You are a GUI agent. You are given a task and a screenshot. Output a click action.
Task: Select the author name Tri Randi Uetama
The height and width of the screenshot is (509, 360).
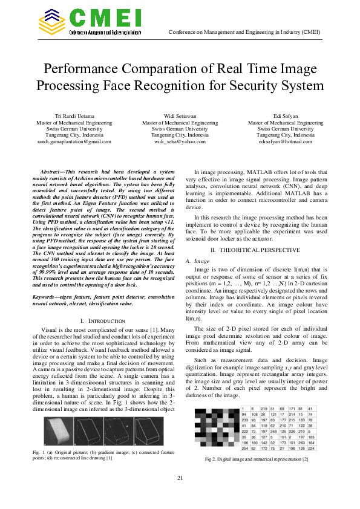click(74, 115)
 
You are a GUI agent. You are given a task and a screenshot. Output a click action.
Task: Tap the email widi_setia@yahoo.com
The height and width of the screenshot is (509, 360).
click(180, 142)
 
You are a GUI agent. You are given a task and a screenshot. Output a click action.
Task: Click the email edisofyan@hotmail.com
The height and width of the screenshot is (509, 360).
click(286, 142)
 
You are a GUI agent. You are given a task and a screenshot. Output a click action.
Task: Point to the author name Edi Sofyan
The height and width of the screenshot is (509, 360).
click(286, 115)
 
